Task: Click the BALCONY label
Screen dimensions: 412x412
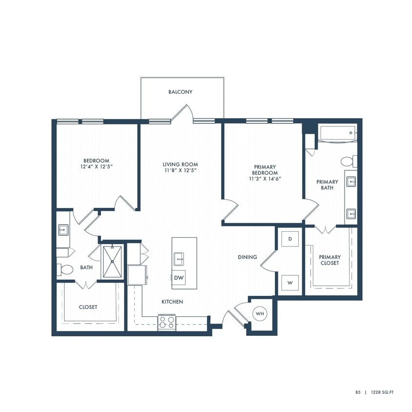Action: [181, 92]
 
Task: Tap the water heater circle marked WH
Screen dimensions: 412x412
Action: [260, 314]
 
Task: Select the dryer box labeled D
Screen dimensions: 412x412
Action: [290, 239]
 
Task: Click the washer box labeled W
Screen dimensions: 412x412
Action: [290, 283]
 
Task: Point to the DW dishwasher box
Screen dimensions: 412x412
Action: [178, 278]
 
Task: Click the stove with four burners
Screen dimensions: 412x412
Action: [166, 322]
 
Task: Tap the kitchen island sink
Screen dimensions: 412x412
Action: [178, 258]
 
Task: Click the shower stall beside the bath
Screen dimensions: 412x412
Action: [113, 261]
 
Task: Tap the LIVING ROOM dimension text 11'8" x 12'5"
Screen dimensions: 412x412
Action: [181, 171]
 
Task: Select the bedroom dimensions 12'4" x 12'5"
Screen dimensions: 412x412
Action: [96, 167]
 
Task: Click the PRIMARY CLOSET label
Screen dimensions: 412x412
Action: [330, 260]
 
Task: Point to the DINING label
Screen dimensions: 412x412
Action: [247, 257]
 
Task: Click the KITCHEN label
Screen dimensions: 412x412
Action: [172, 302]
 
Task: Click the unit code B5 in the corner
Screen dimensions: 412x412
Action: [358, 392]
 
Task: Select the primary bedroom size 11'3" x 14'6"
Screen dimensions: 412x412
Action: [265, 179]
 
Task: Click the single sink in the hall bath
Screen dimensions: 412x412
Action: [63, 229]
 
